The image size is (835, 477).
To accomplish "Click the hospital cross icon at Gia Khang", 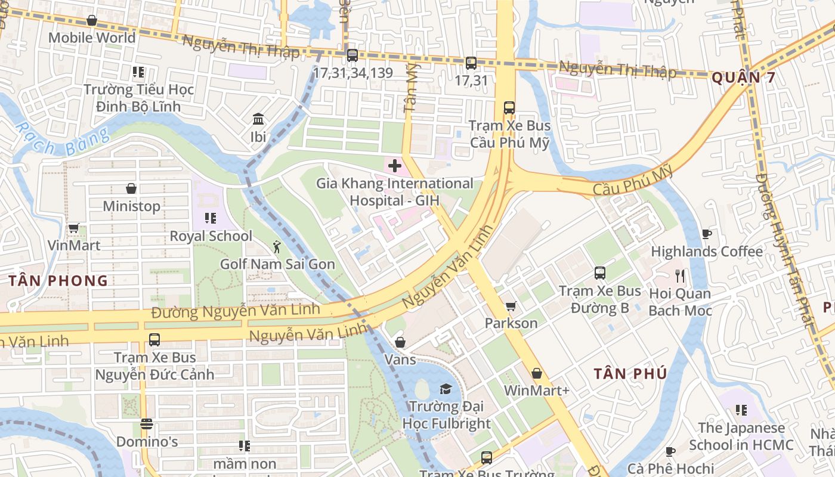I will click(x=395, y=166).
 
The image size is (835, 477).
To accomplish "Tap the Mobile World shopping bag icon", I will click(x=92, y=21).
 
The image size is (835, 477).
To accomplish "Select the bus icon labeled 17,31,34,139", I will click(x=352, y=55).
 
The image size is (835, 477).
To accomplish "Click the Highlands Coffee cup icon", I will click(x=707, y=234).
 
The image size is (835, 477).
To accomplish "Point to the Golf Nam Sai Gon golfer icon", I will click(x=277, y=246).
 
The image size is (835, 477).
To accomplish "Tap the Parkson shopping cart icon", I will click(x=511, y=306).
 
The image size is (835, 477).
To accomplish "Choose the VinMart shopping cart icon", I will click(x=74, y=228).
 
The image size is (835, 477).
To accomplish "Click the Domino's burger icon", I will click(x=147, y=425).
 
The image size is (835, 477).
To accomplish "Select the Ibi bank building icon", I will click(x=258, y=119).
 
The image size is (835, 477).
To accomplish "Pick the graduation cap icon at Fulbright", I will click(x=446, y=389).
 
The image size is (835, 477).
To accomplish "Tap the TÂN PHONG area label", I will click(x=58, y=281).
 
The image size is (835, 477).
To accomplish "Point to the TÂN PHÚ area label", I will click(x=630, y=374).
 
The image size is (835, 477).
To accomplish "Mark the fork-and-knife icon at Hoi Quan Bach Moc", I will click(x=679, y=275).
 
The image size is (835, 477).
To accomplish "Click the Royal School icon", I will click(x=210, y=218).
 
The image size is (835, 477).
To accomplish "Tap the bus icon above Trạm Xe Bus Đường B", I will click(x=600, y=273).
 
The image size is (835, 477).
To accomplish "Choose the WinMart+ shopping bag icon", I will click(x=537, y=374).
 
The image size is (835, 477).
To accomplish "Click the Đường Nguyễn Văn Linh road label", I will click(x=235, y=311).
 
